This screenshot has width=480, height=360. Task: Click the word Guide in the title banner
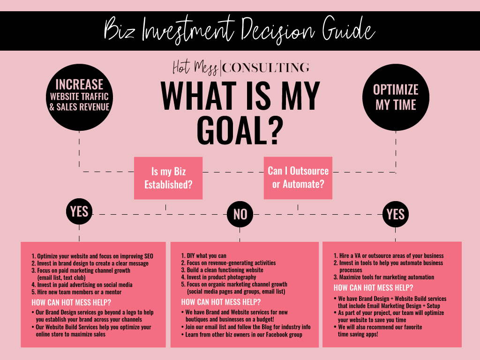pos(348,30)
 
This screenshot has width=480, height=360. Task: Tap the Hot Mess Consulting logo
pos(241,67)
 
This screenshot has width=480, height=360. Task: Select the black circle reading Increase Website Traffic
pos(79,97)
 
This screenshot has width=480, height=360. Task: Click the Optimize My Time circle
pos(396,97)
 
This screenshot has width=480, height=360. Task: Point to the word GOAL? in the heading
pos(240,130)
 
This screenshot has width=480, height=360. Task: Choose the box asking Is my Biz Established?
pos(168,178)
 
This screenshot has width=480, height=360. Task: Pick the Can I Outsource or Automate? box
pos(298,178)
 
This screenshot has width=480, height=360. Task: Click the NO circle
pos(240,214)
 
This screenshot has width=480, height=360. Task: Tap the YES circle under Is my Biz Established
pos(79,211)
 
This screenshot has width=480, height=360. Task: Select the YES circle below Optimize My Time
pos(396,214)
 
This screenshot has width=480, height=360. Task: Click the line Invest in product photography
pos(218,277)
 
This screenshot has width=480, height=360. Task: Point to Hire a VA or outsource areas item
pos(389,255)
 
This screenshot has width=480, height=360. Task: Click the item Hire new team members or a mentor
pos(76,292)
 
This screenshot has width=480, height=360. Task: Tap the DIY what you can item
pos(203,255)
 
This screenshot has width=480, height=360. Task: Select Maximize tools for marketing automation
pos(384,277)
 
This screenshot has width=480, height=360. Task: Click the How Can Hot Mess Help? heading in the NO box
pos(221,302)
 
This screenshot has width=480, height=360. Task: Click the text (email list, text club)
pos(61,277)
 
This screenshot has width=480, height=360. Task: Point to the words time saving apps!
pos(358,334)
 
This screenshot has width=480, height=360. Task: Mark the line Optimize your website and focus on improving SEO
pos(92,256)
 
